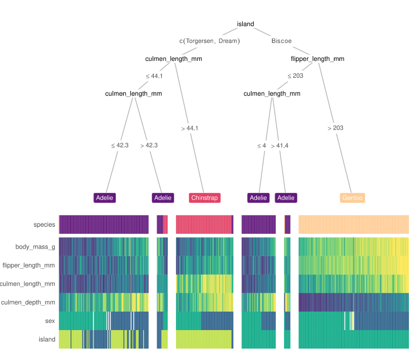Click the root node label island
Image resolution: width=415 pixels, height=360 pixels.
click(246, 24)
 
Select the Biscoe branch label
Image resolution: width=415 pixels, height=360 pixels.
click(281, 41)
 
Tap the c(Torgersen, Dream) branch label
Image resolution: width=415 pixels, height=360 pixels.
click(210, 41)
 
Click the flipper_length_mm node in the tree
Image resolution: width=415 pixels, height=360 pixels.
click(317, 59)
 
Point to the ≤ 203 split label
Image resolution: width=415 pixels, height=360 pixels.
click(295, 76)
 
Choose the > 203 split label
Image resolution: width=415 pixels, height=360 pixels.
click(335, 128)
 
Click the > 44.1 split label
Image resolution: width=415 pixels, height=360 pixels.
click(190, 128)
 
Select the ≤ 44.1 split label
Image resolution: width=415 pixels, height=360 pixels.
click(154, 76)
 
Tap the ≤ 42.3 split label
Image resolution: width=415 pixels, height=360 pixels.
click(120, 146)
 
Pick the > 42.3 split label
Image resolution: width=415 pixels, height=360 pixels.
click(149, 146)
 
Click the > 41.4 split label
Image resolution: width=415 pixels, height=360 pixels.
click(279, 146)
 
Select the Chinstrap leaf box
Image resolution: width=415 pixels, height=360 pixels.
click(204, 198)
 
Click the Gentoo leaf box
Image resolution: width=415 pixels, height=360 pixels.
click(353, 198)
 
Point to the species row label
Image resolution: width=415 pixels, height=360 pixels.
click(44, 225)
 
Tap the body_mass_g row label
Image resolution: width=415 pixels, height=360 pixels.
click(35, 247)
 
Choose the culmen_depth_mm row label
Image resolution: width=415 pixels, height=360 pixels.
click(28, 302)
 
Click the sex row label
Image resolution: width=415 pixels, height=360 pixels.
click(50, 321)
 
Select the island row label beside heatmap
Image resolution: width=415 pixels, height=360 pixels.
click(47, 339)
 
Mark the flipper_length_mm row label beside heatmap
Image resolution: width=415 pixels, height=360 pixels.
click(29, 265)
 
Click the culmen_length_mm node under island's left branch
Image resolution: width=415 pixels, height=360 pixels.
click(174, 59)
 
